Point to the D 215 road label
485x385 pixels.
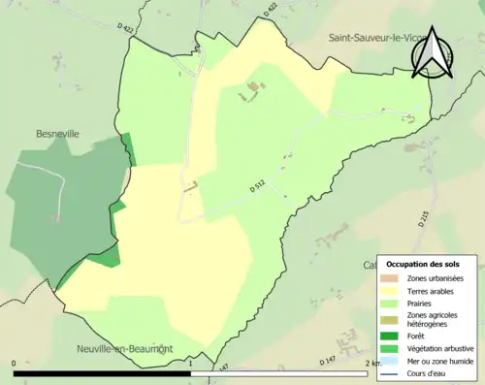click(x=424, y=218)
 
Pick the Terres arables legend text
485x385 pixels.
click(x=432, y=291)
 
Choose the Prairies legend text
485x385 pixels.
click(x=421, y=304)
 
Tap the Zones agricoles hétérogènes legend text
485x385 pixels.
click(x=433, y=320)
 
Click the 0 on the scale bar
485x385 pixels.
click(x=15, y=364)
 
